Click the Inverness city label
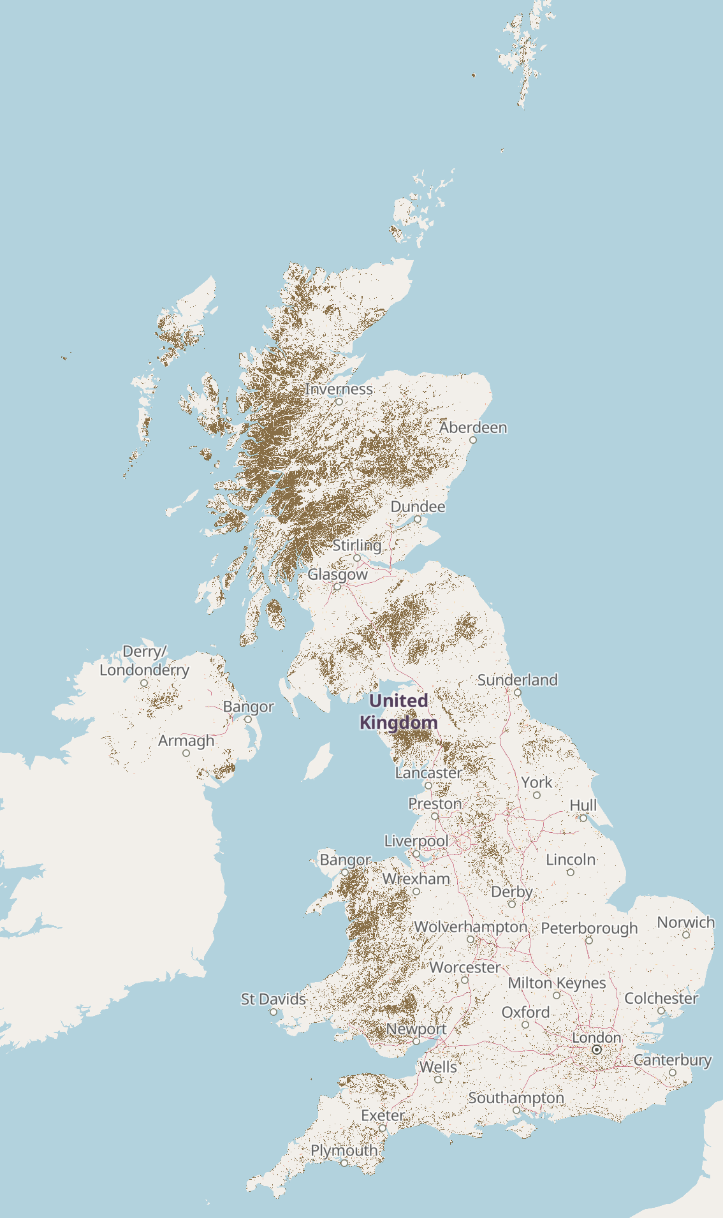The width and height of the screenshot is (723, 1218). click(339, 388)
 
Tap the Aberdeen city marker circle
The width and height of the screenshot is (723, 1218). click(473, 440)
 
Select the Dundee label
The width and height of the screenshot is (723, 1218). click(418, 506)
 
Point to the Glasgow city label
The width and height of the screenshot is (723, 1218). click(337, 575)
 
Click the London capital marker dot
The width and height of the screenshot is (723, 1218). click(597, 1050)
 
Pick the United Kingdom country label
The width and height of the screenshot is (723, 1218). click(398, 711)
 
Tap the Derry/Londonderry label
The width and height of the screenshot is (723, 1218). click(144, 661)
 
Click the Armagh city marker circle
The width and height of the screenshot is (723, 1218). click(186, 753)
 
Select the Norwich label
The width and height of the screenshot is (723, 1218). click(685, 922)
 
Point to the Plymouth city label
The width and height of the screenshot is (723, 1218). click(344, 1150)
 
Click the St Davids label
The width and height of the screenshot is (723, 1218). click(273, 999)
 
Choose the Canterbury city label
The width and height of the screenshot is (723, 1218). click(672, 1060)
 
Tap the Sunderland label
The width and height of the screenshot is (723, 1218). click(517, 680)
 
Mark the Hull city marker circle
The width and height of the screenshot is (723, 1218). click(583, 818)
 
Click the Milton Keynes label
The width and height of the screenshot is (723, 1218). click(557, 983)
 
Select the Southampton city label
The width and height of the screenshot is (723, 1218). click(516, 1097)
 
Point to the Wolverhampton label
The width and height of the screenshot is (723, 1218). click(471, 927)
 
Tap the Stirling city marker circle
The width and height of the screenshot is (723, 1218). click(357, 558)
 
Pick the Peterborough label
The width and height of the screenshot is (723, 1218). click(589, 928)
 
